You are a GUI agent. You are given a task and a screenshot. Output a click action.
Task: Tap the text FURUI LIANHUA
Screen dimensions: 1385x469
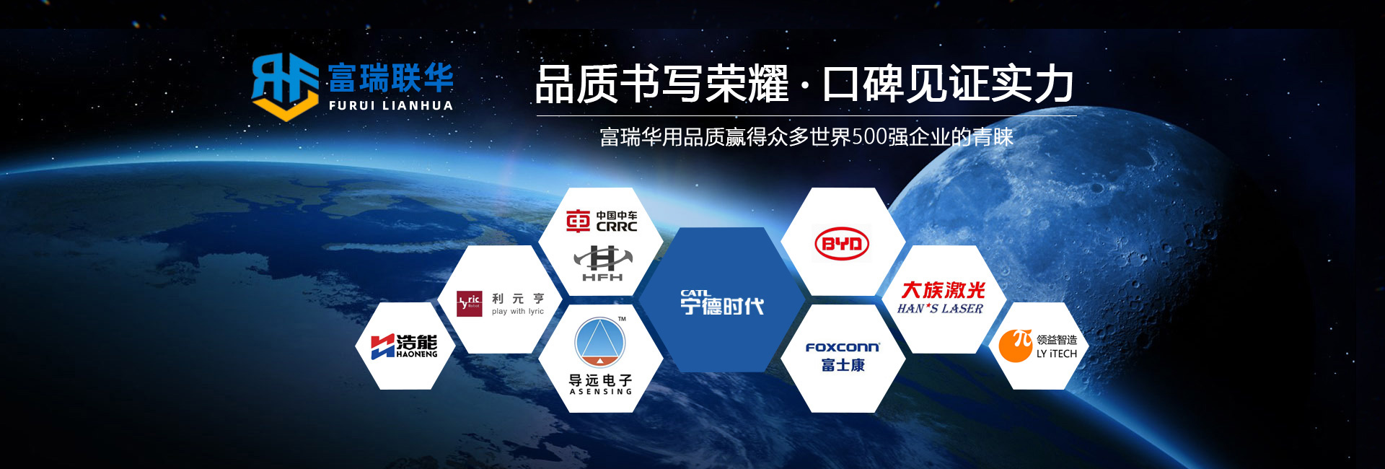click(391, 105)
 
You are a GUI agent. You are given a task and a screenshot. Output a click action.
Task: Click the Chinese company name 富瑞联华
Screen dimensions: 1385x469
click(391, 78)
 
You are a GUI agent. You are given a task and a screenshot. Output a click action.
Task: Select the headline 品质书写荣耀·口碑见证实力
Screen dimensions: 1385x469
click(805, 84)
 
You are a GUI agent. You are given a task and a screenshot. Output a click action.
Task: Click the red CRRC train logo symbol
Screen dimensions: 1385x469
click(578, 221)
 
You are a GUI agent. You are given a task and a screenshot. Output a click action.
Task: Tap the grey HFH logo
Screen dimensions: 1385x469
click(603, 263)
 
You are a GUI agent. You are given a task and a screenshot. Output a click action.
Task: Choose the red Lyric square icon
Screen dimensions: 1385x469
click(470, 304)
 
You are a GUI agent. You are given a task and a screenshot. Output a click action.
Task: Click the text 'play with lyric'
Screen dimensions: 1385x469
click(518, 312)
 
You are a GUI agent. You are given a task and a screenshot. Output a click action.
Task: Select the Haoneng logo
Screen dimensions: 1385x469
click(404, 346)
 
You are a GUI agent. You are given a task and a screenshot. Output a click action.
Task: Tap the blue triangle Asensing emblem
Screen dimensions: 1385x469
click(600, 342)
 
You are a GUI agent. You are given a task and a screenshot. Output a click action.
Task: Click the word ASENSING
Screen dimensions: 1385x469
click(601, 392)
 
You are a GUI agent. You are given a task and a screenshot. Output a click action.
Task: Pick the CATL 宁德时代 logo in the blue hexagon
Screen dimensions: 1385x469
click(722, 303)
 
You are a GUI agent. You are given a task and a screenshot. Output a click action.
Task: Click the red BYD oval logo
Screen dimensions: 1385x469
click(843, 244)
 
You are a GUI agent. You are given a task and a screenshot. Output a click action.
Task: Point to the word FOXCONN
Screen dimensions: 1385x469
click(843, 348)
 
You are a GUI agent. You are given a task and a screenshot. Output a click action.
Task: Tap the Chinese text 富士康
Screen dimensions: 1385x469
click(843, 365)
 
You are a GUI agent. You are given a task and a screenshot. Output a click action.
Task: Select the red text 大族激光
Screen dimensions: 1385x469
click(944, 290)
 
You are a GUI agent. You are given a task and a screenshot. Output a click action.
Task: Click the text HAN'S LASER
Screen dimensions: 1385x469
click(940, 309)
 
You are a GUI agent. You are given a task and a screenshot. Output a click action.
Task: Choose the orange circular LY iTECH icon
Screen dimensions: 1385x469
click(1016, 346)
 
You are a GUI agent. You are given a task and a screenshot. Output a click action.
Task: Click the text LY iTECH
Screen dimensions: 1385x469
click(1057, 354)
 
